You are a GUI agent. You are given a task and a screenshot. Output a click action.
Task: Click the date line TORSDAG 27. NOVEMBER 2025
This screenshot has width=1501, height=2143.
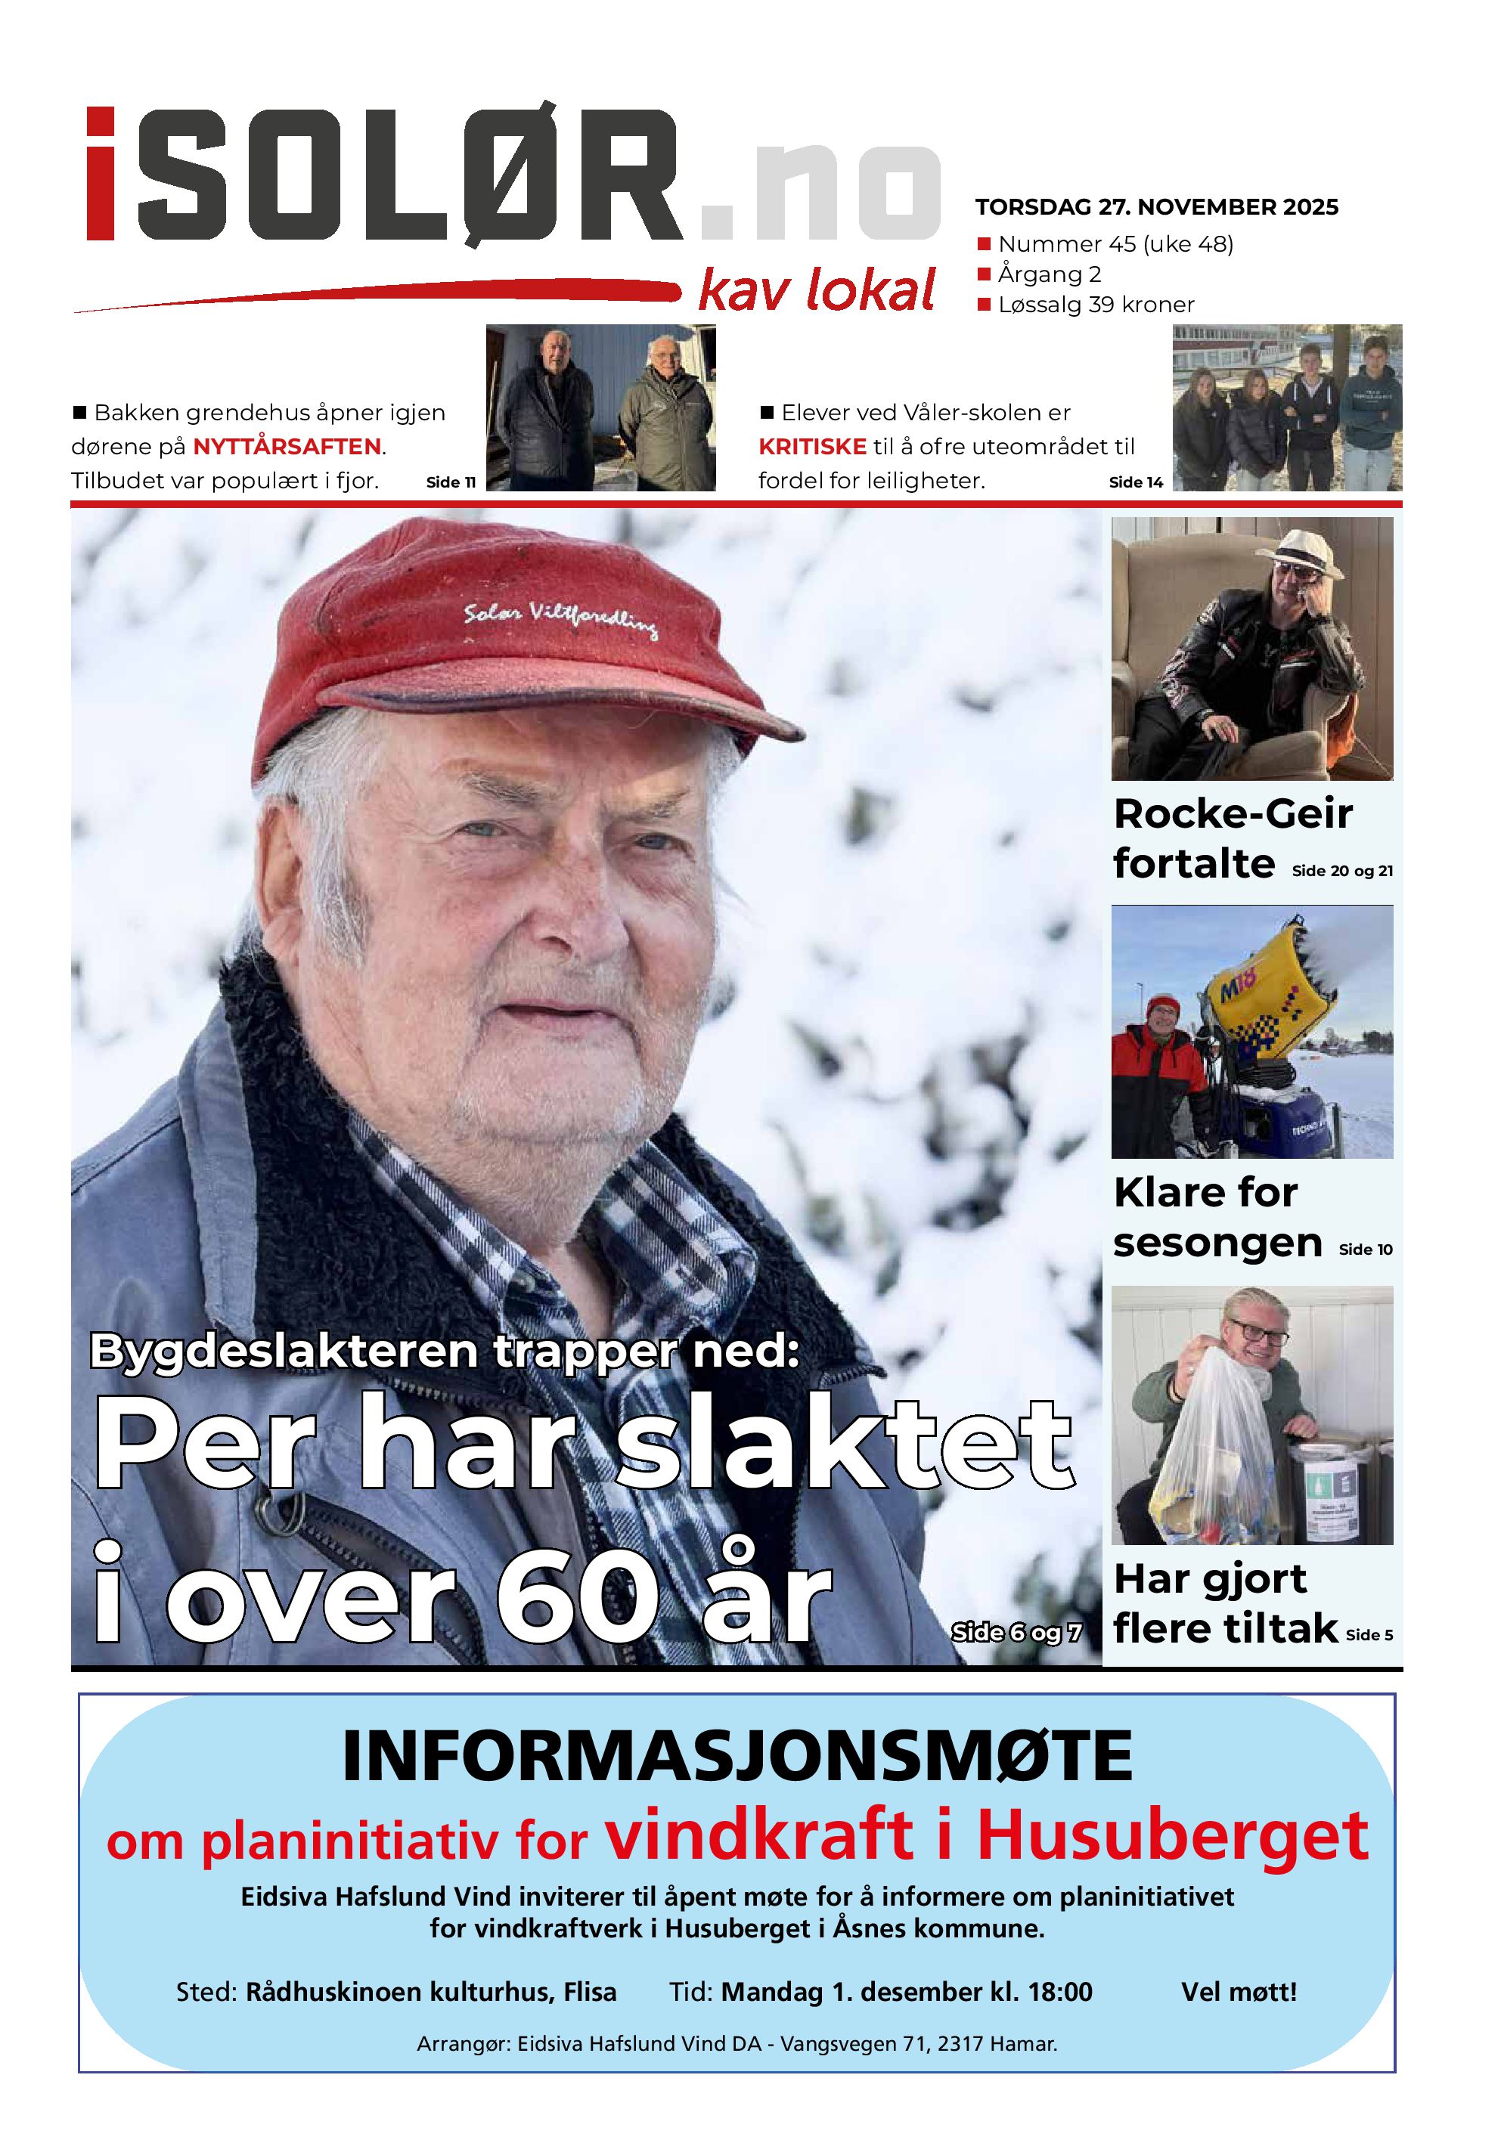click(x=1155, y=207)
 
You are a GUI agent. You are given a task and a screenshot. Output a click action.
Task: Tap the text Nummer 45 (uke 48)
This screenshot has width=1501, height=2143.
click(x=1115, y=245)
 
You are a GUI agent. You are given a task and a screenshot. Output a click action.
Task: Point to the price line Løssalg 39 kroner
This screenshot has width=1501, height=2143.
click(x=1095, y=305)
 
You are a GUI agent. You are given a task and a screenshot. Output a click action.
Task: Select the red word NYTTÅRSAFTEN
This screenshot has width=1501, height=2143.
click(x=287, y=447)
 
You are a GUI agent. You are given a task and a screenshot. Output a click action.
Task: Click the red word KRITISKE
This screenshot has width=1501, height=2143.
click(x=812, y=447)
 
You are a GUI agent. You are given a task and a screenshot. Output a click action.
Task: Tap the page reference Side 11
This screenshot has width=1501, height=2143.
click(x=450, y=482)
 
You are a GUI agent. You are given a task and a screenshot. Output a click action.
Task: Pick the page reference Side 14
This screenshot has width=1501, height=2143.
click(x=1135, y=482)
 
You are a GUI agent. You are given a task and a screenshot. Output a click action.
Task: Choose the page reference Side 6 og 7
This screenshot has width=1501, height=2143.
click(x=1016, y=1633)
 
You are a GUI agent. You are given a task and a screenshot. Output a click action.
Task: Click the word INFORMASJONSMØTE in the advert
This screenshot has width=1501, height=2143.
click(x=737, y=1757)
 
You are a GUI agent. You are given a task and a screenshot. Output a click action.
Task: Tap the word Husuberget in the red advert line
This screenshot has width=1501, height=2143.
click(x=1171, y=1836)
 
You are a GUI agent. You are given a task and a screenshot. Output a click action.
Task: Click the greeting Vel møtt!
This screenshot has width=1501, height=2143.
click(x=1238, y=1992)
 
